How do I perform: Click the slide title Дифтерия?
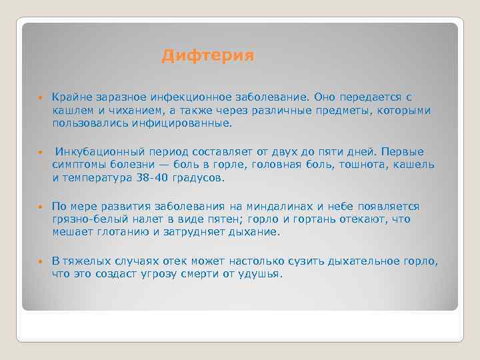coord(207,57)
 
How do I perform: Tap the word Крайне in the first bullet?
coord(69,97)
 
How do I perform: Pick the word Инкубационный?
coord(94,152)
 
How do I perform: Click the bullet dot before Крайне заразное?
coord(40,98)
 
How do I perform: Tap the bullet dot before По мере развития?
coord(40,207)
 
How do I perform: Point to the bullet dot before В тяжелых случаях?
coord(40,261)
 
